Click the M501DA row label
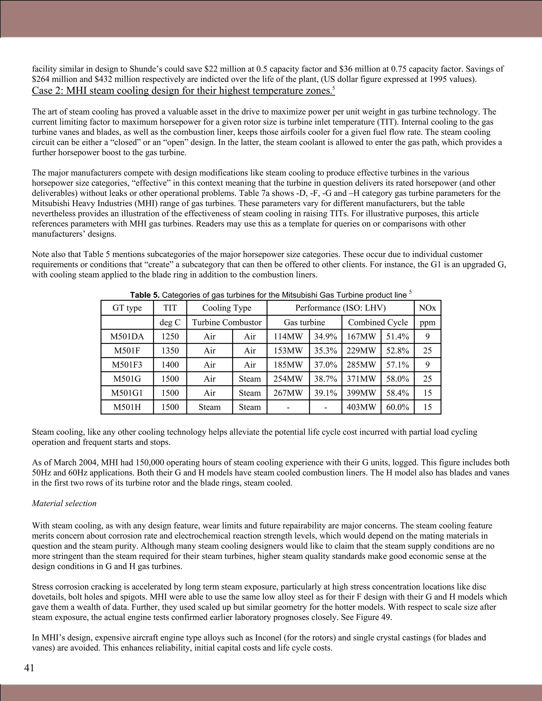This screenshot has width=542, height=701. (x=127, y=336)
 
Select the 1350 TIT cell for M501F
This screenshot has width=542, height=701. (x=170, y=350)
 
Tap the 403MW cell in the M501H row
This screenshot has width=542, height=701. (x=361, y=407)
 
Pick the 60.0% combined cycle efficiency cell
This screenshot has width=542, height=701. (x=398, y=407)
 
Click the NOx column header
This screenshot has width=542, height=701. (x=427, y=308)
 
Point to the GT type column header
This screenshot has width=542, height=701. (x=127, y=308)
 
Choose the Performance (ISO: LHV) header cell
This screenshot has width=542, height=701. (x=340, y=308)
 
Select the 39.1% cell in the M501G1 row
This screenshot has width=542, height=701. (x=326, y=393)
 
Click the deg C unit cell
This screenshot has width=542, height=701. (x=170, y=322)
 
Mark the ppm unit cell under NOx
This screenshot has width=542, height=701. (x=427, y=322)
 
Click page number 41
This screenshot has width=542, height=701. (x=29, y=668)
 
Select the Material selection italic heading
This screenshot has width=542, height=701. (x=64, y=503)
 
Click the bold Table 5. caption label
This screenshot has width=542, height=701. (x=145, y=295)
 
